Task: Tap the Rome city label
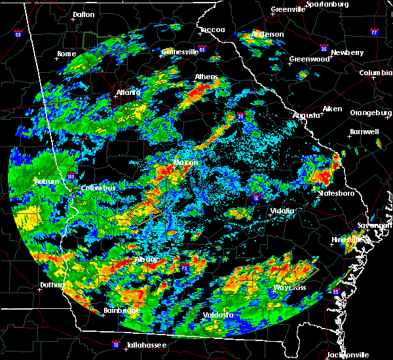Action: pyautogui.click(x=67, y=54)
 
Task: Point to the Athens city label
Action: pyautogui.click(x=206, y=77)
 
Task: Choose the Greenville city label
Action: pyautogui.click(x=289, y=10)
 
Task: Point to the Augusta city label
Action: pyautogui.click(x=305, y=115)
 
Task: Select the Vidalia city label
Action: pyautogui.click(x=284, y=211)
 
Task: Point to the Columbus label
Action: pyautogui.click(x=98, y=189)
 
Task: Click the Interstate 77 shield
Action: pyautogui.click(x=373, y=31)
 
